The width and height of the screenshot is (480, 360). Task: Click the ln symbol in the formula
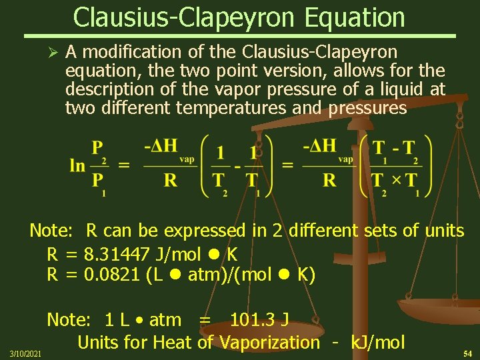[77, 165]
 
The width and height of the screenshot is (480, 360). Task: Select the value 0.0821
[112, 274]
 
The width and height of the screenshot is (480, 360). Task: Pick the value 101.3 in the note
[251, 320]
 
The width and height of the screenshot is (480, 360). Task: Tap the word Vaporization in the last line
[269, 343]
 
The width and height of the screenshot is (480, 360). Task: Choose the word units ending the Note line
[444, 231]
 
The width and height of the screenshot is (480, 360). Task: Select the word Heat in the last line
[171, 343]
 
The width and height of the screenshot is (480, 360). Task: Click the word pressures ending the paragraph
[367, 108]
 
